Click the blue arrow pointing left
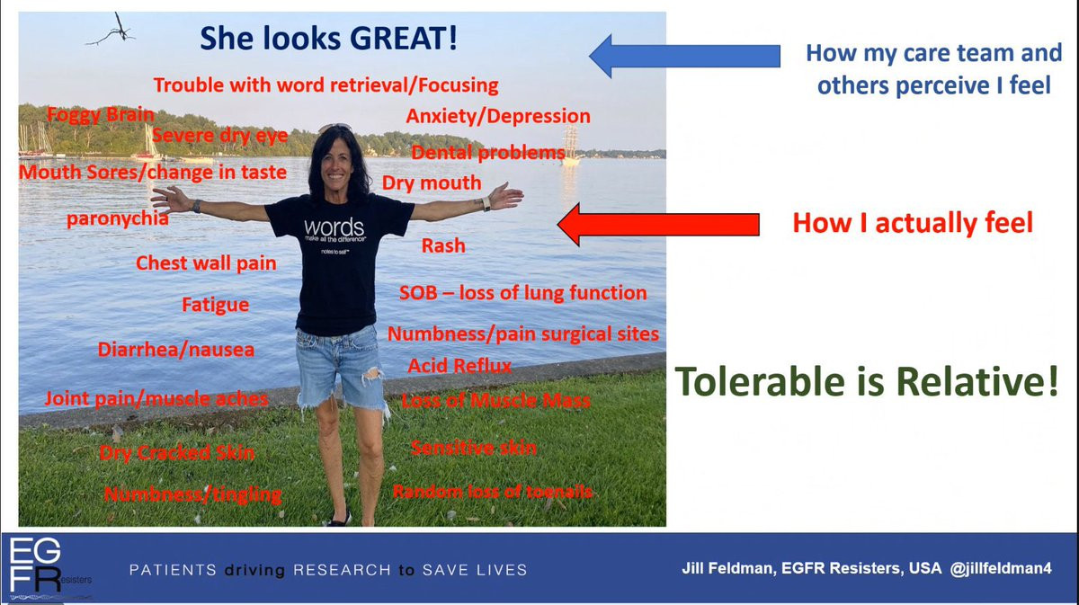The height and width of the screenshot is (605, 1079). tap(684, 56)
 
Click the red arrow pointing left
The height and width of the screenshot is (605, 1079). tap(658, 225)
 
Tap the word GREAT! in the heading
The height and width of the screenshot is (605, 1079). tap(404, 39)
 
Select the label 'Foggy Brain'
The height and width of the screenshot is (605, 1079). tap(101, 115)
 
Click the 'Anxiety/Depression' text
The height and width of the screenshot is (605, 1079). tap(498, 116)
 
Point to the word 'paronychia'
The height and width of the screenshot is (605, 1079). tap(118, 218)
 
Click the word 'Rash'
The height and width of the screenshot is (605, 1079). tap(443, 245)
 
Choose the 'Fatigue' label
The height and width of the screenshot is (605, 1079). tap(215, 305)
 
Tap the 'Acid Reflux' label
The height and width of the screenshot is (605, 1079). tap(459, 366)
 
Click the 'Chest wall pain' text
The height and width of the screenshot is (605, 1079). tap(206, 263)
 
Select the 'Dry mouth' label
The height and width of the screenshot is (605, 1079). tap(432, 183)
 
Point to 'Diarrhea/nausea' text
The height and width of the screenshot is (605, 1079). tap(176, 350)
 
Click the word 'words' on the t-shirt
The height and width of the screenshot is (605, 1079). tap(334, 227)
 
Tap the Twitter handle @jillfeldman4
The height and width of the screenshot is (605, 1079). tap(1001, 568)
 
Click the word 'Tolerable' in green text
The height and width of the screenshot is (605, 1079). tap(760, 381)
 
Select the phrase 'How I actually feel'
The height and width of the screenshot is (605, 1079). tap(913, 223)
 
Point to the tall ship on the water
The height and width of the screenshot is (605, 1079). tap(570, 145)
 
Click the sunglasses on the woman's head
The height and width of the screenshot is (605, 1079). tap(335, 128)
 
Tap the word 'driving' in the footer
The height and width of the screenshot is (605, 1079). tap(254, 570)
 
